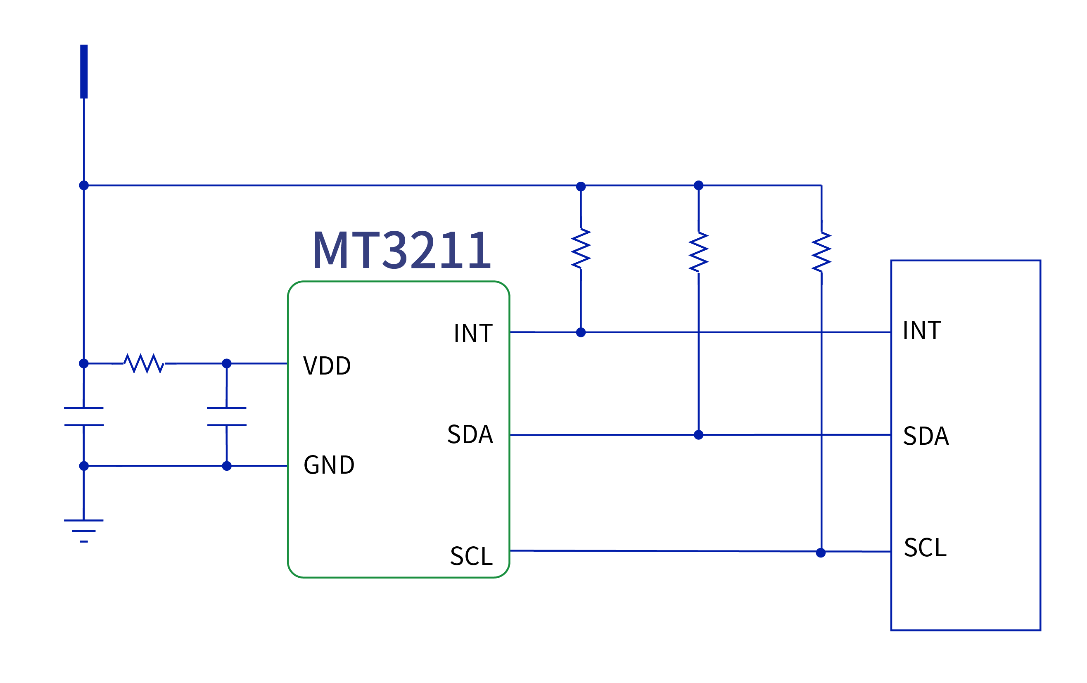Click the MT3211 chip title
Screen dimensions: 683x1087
pos(401,250)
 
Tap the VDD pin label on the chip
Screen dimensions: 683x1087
pos(327,365)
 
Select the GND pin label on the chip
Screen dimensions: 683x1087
pos(329,465)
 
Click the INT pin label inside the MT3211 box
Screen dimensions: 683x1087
pos(473,334)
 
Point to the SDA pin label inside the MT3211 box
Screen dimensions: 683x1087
pos(470,435)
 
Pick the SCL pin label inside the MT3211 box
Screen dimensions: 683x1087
pos(471,556)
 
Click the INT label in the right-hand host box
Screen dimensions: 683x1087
pos(922,330)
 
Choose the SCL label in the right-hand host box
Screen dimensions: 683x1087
pos(925,548)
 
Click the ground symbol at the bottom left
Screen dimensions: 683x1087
pos(83,531)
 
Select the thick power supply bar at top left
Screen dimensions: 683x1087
pos(84,71)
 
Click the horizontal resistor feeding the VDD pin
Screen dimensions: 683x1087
pos(144,363)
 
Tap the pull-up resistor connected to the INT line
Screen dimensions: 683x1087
pos(581,249)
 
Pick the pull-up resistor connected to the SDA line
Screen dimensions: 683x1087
pos(698,252)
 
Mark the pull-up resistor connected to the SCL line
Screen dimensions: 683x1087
pos(821,252)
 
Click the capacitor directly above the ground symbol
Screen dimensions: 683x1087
pos(83,416)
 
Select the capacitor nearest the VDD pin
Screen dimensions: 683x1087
pos(227,416)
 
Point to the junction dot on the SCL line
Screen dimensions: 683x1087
pos(821,553)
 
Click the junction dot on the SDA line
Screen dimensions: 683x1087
pos(698,435)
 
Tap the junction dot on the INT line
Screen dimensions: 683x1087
pos(581,332)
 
